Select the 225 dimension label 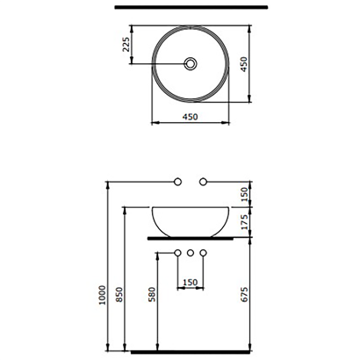(x=126, y=46)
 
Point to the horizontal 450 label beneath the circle (x=190, y=117)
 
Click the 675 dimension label (x=254, y=296)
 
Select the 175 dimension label (x=254, y=220)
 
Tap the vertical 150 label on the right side (x=254, y=193)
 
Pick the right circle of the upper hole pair (x=204, y=182)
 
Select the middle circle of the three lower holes (x=190, y=254)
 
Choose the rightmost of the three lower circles (x=204, y=254)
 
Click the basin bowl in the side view (x=190, y=220)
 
